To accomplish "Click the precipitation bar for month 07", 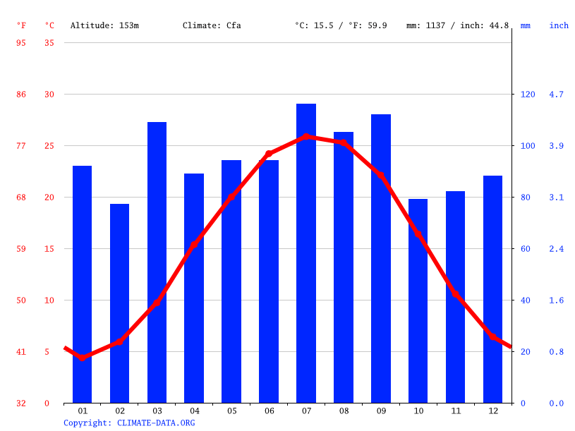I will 306,254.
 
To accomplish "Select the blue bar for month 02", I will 120,303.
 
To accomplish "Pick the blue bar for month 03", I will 157,262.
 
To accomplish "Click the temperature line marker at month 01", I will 83,358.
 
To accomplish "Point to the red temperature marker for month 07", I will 306,137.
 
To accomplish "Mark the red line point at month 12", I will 492,336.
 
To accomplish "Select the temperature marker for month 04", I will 194,245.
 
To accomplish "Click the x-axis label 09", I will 381,411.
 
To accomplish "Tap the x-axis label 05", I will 231,411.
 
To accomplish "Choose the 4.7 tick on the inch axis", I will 557,95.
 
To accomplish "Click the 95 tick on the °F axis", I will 21,43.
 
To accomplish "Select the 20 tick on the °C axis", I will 49,198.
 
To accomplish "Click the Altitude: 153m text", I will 104,25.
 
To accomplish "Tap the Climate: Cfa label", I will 212,25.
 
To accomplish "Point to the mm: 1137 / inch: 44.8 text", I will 457,25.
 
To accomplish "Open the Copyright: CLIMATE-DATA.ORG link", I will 129,423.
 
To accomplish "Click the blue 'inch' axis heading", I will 559,25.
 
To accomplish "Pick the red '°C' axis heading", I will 49,25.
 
